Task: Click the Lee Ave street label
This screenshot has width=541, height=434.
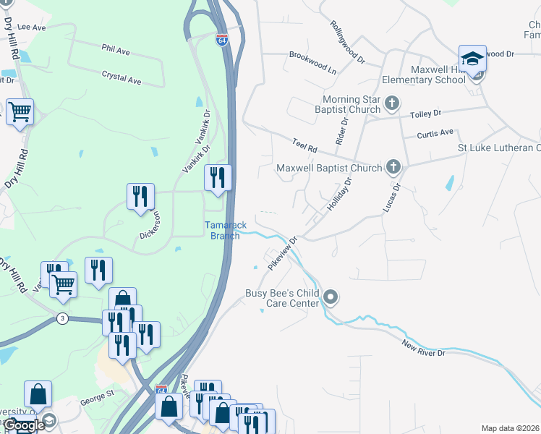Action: pos(31,27)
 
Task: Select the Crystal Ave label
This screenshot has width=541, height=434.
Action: pos(121,77)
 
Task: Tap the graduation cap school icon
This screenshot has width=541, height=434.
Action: pos(472,59)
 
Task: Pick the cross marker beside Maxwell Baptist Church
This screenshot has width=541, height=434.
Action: pos(393,168)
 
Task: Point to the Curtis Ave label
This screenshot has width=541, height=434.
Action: pos(435,133)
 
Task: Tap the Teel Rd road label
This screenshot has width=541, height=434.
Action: pos(305,146)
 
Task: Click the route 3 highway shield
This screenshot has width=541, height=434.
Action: pos(63,319)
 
